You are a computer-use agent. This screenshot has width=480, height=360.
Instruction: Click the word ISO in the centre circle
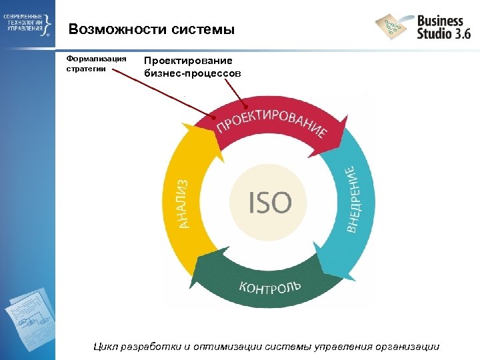click(x=270, y=202)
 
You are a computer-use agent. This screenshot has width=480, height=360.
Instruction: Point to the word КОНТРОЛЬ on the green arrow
click(x=270, y=287)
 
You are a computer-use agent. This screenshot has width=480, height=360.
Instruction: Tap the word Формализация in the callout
click(x=96, y=58)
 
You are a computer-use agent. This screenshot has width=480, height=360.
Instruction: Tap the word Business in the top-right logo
click(x=440, y=21)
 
